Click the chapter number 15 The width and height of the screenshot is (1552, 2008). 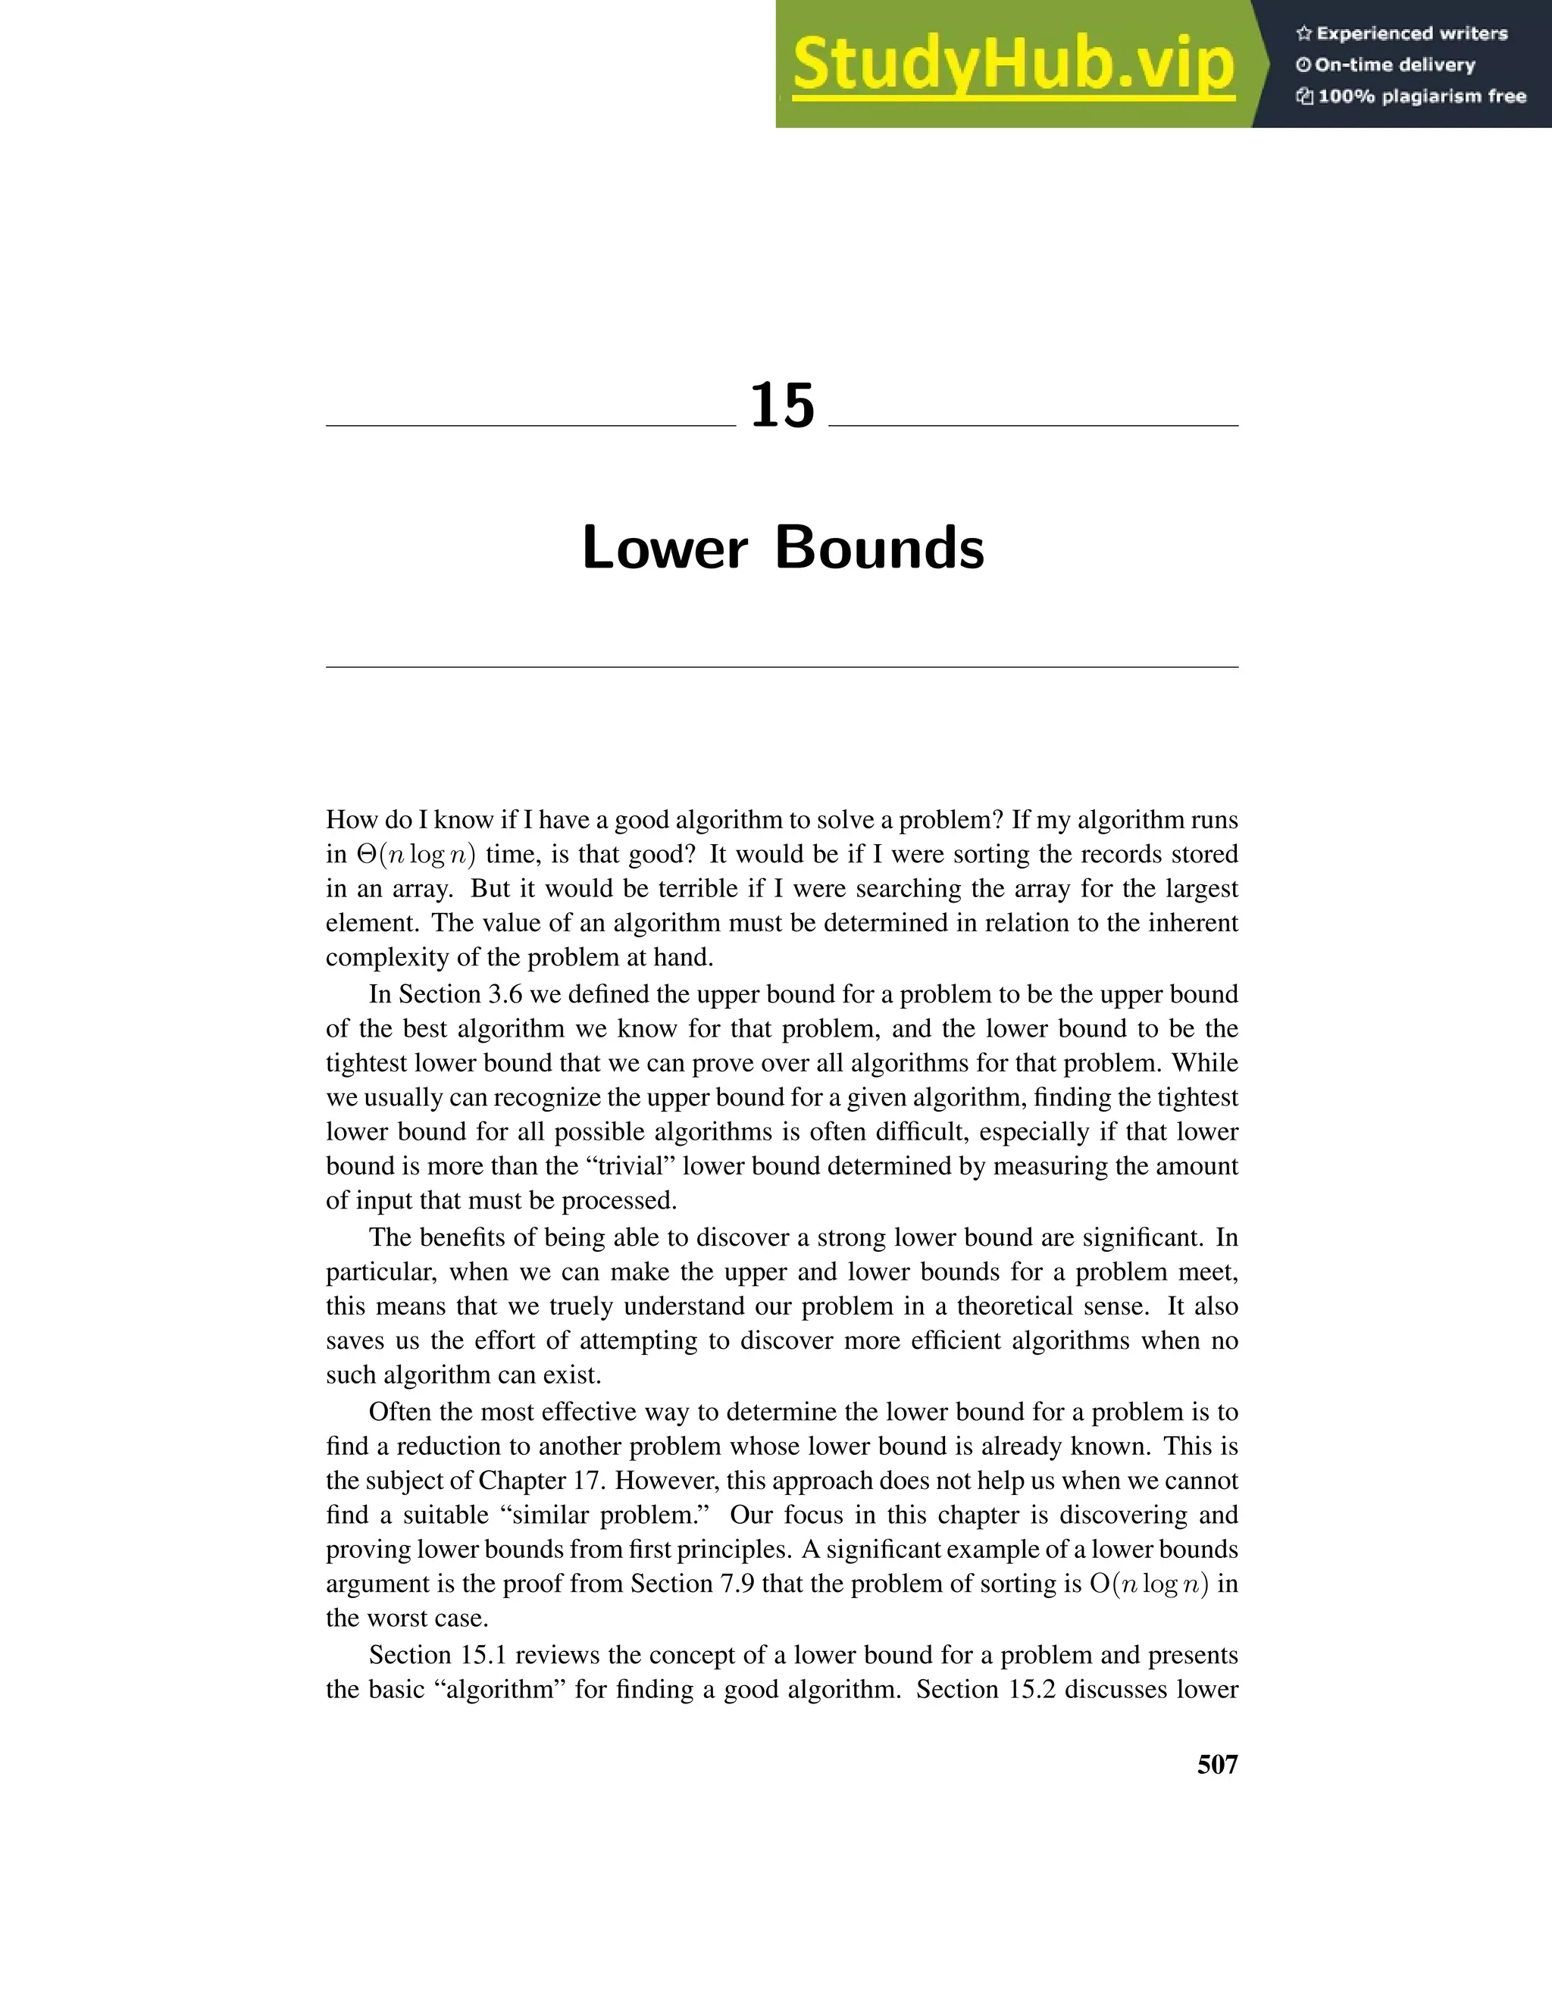[x=782, y=406]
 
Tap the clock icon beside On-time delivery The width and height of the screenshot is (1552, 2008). [x=1303, y=65]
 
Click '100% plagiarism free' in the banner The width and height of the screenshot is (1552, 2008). [x=1422, y=96]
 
